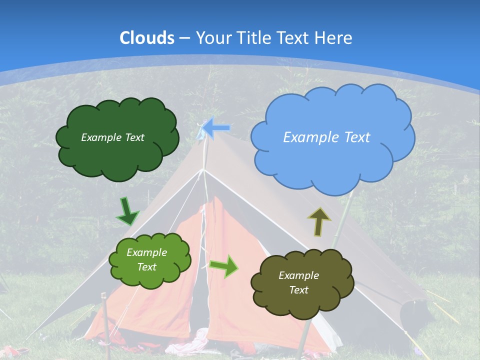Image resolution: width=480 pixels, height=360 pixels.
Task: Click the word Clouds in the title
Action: (x=147, y=38)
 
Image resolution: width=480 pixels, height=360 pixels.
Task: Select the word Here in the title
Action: (x=334, y=38)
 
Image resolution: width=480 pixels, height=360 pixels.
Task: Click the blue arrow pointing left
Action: (x=216, y=128)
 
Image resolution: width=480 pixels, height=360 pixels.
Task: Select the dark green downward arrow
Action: (x=127, y=212)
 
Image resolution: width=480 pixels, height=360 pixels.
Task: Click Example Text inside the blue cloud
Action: (x=326, y=137)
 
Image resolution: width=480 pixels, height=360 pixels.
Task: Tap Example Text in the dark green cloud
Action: (x=112, y=137)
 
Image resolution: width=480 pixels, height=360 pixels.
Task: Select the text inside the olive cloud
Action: (x=298, y=282)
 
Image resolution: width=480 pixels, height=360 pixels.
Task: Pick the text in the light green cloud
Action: (x=146, y=260)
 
